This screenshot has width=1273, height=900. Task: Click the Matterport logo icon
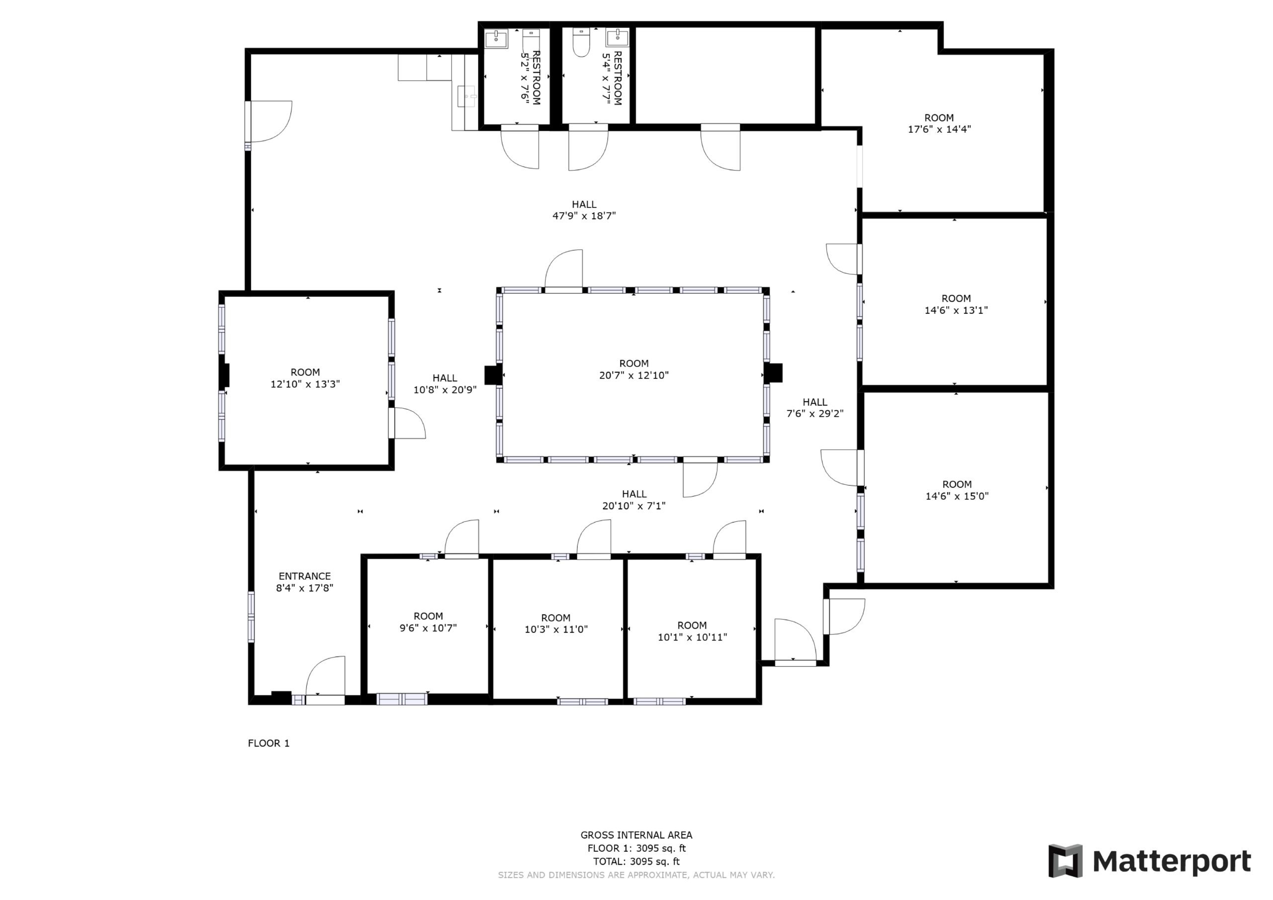pos(1065,861)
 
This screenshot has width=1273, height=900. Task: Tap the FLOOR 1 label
pos(269,743)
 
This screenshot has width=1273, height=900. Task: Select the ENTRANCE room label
pos(304,576)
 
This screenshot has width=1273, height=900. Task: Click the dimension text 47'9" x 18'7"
pos(584,216)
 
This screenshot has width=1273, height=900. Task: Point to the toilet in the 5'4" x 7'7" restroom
pos(581,43)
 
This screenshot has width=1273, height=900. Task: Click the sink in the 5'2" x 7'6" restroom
pos(496,39)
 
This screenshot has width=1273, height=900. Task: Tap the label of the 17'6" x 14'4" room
pos(939,117)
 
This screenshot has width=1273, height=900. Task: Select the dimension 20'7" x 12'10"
pos(634,375)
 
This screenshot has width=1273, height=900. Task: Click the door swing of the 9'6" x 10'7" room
pos(461,537)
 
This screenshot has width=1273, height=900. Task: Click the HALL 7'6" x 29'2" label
pos(815,408)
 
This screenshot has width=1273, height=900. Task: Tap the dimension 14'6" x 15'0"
pos(957,496)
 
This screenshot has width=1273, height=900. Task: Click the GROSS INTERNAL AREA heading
pos(636,834)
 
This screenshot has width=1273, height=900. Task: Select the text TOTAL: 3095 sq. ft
pos(636,861)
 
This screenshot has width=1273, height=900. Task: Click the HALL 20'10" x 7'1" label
pos(634,499)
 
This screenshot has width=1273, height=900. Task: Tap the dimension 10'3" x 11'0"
pos(555,630)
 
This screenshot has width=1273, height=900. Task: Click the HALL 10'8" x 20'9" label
pos(445,384)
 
